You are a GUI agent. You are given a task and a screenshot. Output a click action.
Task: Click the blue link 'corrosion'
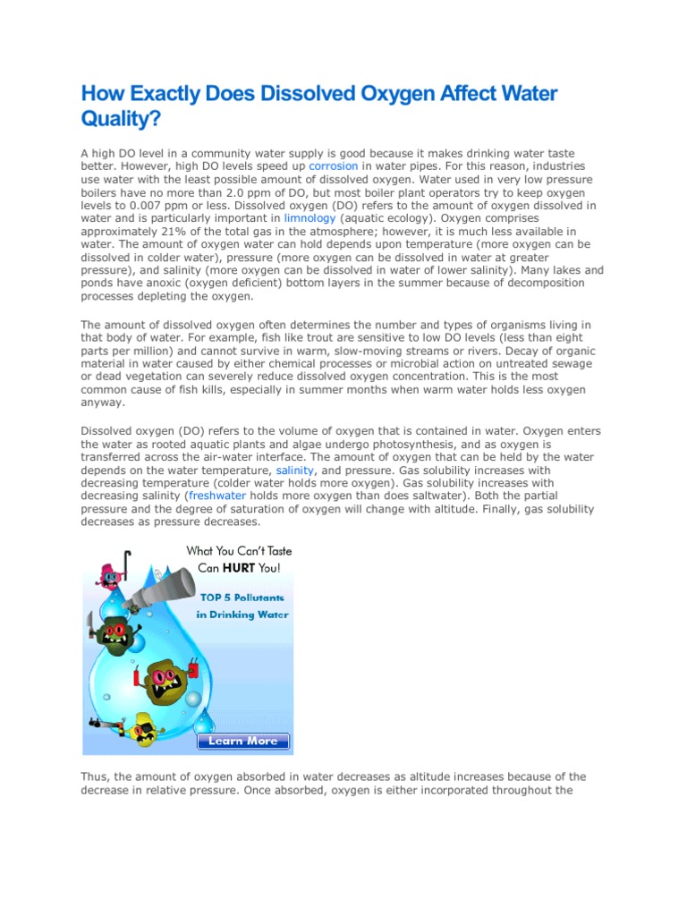[334, 166]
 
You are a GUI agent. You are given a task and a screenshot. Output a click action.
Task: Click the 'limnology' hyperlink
[310, 217]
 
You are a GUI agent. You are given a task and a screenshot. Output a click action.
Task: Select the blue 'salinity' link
[295, 470]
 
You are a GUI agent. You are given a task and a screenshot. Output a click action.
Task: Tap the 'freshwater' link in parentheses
[218, 495]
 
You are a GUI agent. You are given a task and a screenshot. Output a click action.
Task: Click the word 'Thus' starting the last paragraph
[95, 777]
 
